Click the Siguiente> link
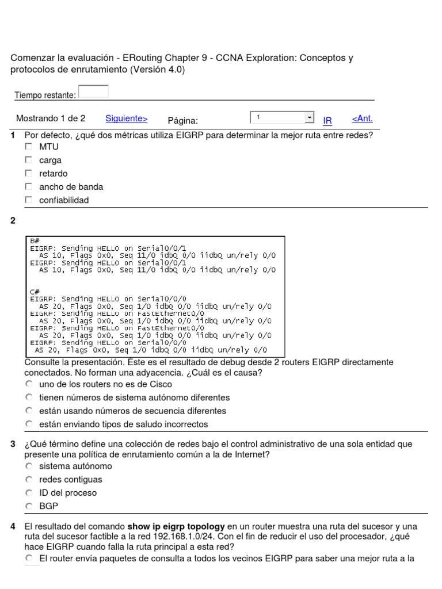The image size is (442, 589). pyautogui.click(x=127, y=118)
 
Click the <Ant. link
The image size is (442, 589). pyautogui.click(x=362, y=118)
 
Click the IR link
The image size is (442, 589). pyautogui.click(x=327, y=121)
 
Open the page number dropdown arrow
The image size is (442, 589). pyautogui.click(x=310, y=117)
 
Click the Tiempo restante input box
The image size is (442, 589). pyautogui.click(x=93, y=91)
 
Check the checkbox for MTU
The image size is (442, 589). pyautogui.click(x=28, y=147)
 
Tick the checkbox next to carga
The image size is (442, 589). pyautogui.click(x=28, y=160)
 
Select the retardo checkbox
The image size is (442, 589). pyautogui.click(x=28, y=174)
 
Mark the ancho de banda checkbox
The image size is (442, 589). pyautogui.click(x=28, y=187)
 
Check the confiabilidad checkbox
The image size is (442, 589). pyautogui.click(x=28, y=200)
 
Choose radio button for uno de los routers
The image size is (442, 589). pyautogui.click(x=29, y=384)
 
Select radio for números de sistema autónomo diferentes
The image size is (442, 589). pyautogui.click(x=29, y=397)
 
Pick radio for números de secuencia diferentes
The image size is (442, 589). pyautogui.click(x=29, y=411)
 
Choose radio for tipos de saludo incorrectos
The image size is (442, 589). pyautogui.click(x=29, y=424)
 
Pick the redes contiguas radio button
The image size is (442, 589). pyautogui.click(x=29, y=480)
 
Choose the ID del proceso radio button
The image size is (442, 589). pyautogui.click(x=29, y=493)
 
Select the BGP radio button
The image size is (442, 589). pyautogui.click(x=29, y=507)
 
